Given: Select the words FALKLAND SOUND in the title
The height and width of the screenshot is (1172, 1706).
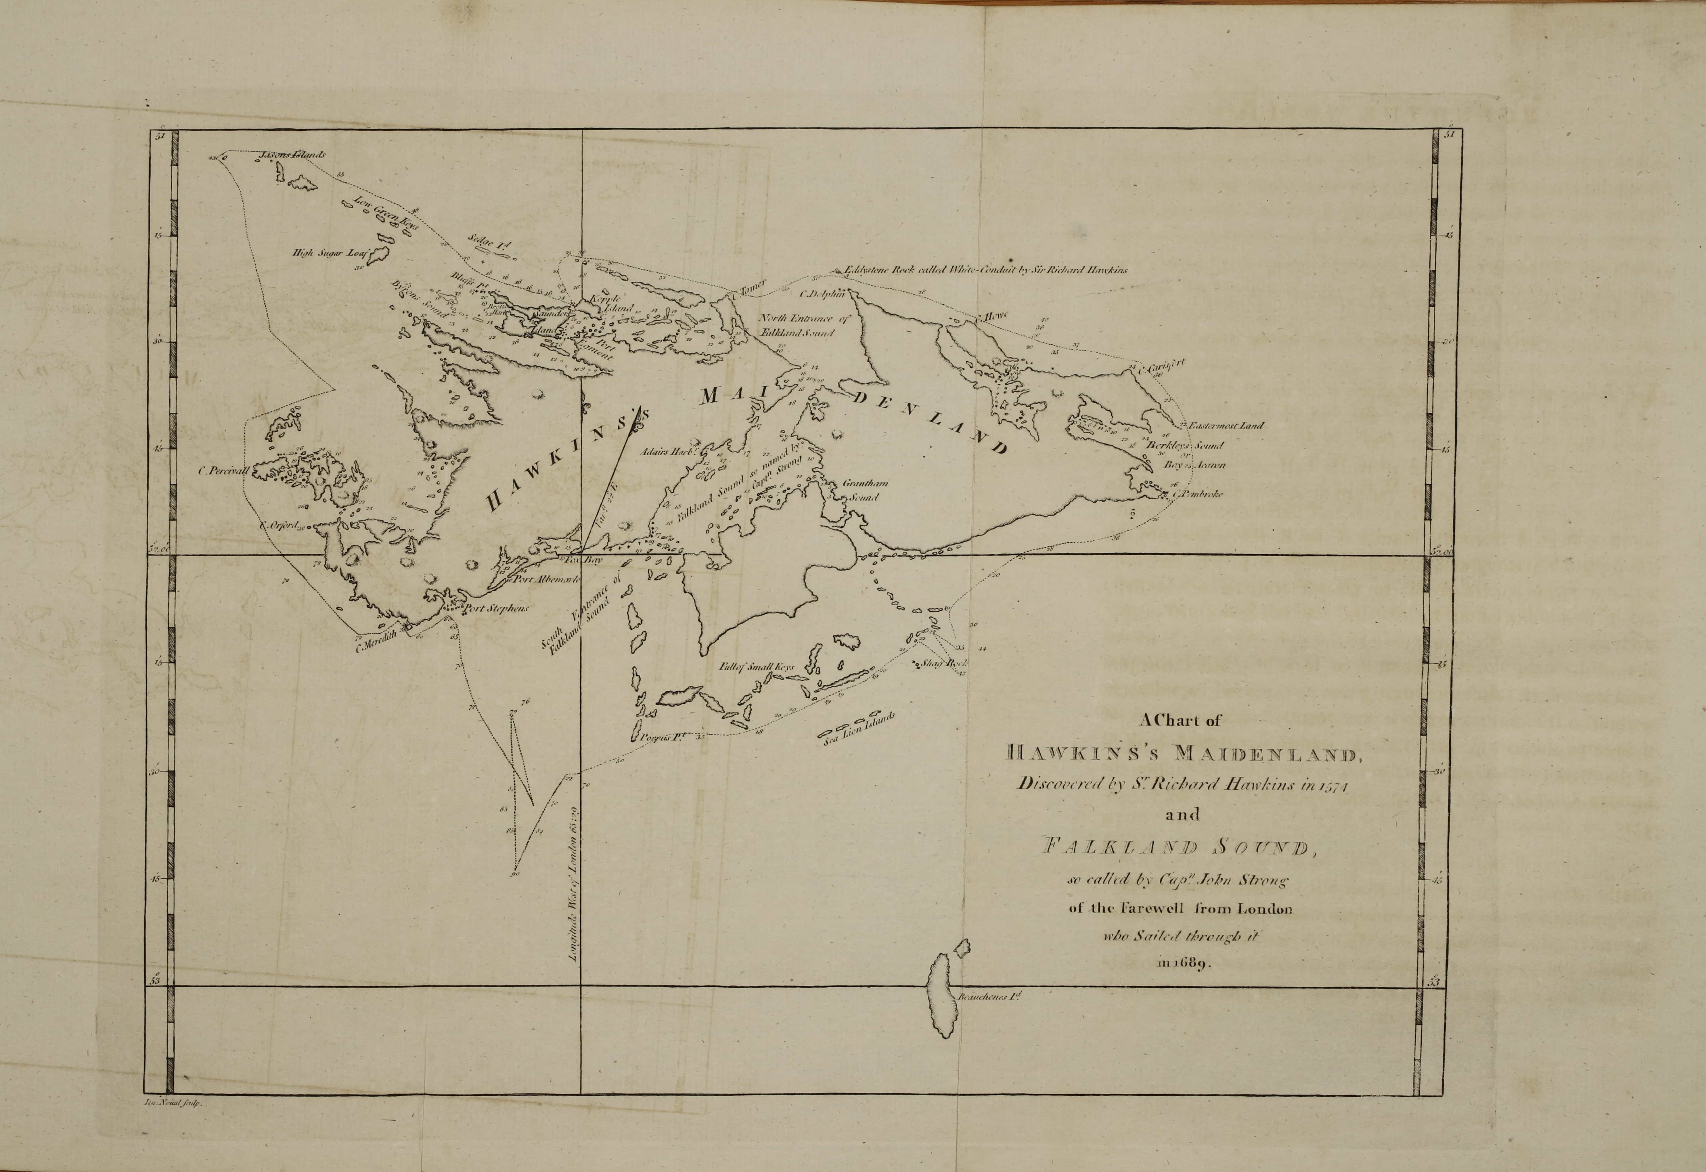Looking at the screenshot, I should coord(1182,848).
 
